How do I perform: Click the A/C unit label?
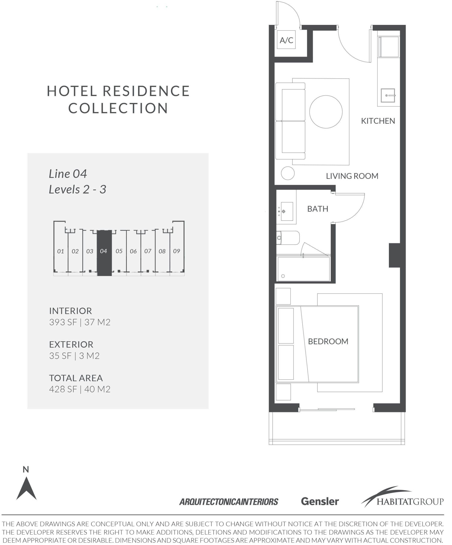pyautogui.click(x=286, y=40)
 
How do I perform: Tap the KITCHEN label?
pyautogui.click(x=378, y=121)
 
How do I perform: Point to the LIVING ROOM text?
pyautogui.click(x=352, y=176)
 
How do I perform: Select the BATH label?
pyautogui.click(x=318, y=209)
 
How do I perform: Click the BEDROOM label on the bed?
pyautogui.click(x=328, y=341)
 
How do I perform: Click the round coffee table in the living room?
pyautogui.click(x=326, y=112)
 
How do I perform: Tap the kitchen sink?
pyautogui.click(x=388, y=96)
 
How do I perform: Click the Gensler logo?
pyautogui.click(x=320, y=501)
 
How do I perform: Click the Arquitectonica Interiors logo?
pyautogui.click(x=229, y=502)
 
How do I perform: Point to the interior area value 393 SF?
pyautogui.click(x=63, y=322)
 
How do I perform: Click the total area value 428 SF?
pyautogui.click(x=63, y=389)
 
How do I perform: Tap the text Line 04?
pyautogui.click(x=68, y=174)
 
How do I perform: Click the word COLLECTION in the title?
pyautogui.click(x=118, y=108)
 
